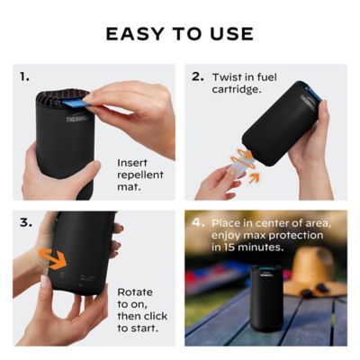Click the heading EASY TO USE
179,34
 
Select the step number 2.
197,76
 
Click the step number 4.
197,220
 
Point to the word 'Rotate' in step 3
135,292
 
